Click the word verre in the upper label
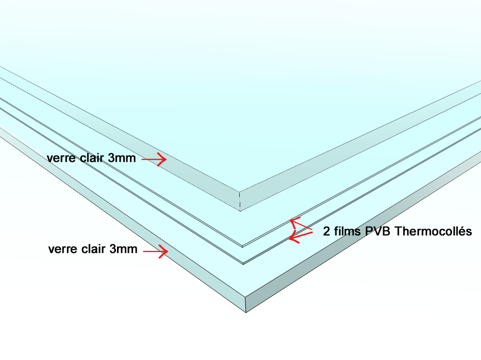click(x=61, y=158)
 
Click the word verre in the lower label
click(x=63, y=249)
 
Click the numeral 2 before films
click(x=326, y=231)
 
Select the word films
click(x=347, y=231)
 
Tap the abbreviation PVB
click(x=377, y=231)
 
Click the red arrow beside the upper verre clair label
click(x=154, y=159)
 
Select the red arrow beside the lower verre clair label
click(x=156, y=251)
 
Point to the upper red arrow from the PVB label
click(x=301, y=224)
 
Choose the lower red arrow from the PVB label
click(x=301, y=236)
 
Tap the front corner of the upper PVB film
click(x=242, y=246)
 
